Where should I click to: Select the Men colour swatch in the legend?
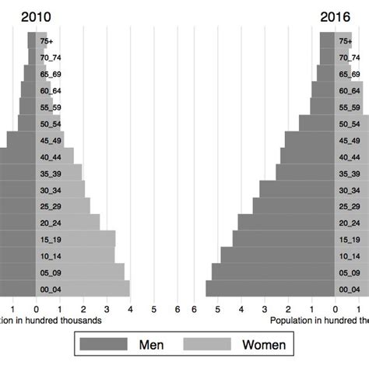[104, 344]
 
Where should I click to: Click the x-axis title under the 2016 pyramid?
[319, 320]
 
